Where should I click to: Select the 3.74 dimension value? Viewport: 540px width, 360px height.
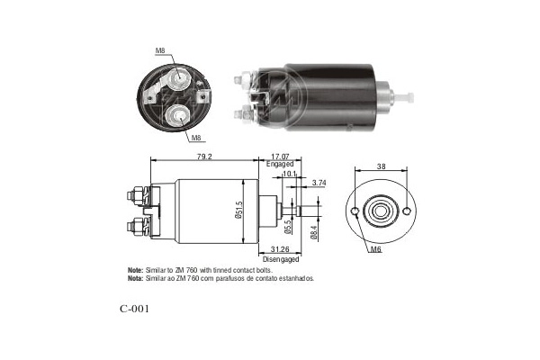(x=319, y=183)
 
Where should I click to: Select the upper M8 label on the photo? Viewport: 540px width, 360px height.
(x=159, y=51)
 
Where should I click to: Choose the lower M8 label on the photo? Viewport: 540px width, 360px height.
(x=194, y=139)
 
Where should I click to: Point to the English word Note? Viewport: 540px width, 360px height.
(x=135, y=270)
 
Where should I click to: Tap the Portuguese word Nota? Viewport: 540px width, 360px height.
(x=135, y=279)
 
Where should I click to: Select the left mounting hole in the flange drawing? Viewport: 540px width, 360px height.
(x=357, y=212)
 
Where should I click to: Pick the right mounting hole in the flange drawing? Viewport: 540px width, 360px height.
(x=406, y=212)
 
